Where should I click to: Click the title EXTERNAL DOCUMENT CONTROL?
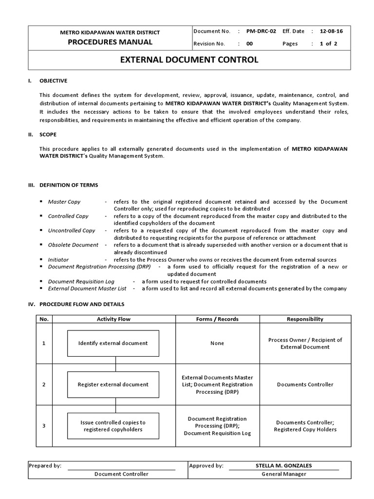coord(189,60)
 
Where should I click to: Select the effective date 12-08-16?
coord(331,31)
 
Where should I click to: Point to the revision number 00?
coord(250,43)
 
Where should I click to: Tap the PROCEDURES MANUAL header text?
coord(110,42)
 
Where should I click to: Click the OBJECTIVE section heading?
coord(53,81)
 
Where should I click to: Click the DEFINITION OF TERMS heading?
coord(69,185)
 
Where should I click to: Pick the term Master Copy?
coord(64,202)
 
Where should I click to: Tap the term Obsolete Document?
coord(73,245)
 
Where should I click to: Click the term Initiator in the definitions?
coord(58,260)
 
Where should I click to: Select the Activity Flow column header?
coord(113,319)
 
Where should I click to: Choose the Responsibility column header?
coord(305,319)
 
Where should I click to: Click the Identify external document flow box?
coord(113,343)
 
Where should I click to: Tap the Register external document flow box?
coord(113,384)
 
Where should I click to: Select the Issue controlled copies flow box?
coord(113,426)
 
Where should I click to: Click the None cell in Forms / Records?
coord(217,343)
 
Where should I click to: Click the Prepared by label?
coord(45,465)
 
